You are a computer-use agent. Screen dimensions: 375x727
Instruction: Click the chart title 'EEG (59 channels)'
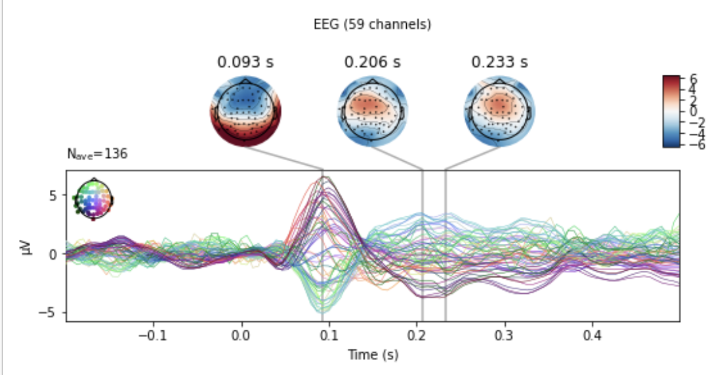coord(373,25)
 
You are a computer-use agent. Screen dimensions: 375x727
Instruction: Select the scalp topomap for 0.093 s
coord(245,109)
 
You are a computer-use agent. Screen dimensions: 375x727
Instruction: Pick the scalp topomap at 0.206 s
coord(372,109)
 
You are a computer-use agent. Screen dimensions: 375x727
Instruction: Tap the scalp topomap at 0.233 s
coord(499,109)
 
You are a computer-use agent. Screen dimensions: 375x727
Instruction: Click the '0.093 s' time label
coord(245,63)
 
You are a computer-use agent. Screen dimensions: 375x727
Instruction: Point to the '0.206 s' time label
coord(372,63)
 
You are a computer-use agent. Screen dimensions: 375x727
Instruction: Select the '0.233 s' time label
coord(499,63)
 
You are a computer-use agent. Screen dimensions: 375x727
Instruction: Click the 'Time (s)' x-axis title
coord(373,355)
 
